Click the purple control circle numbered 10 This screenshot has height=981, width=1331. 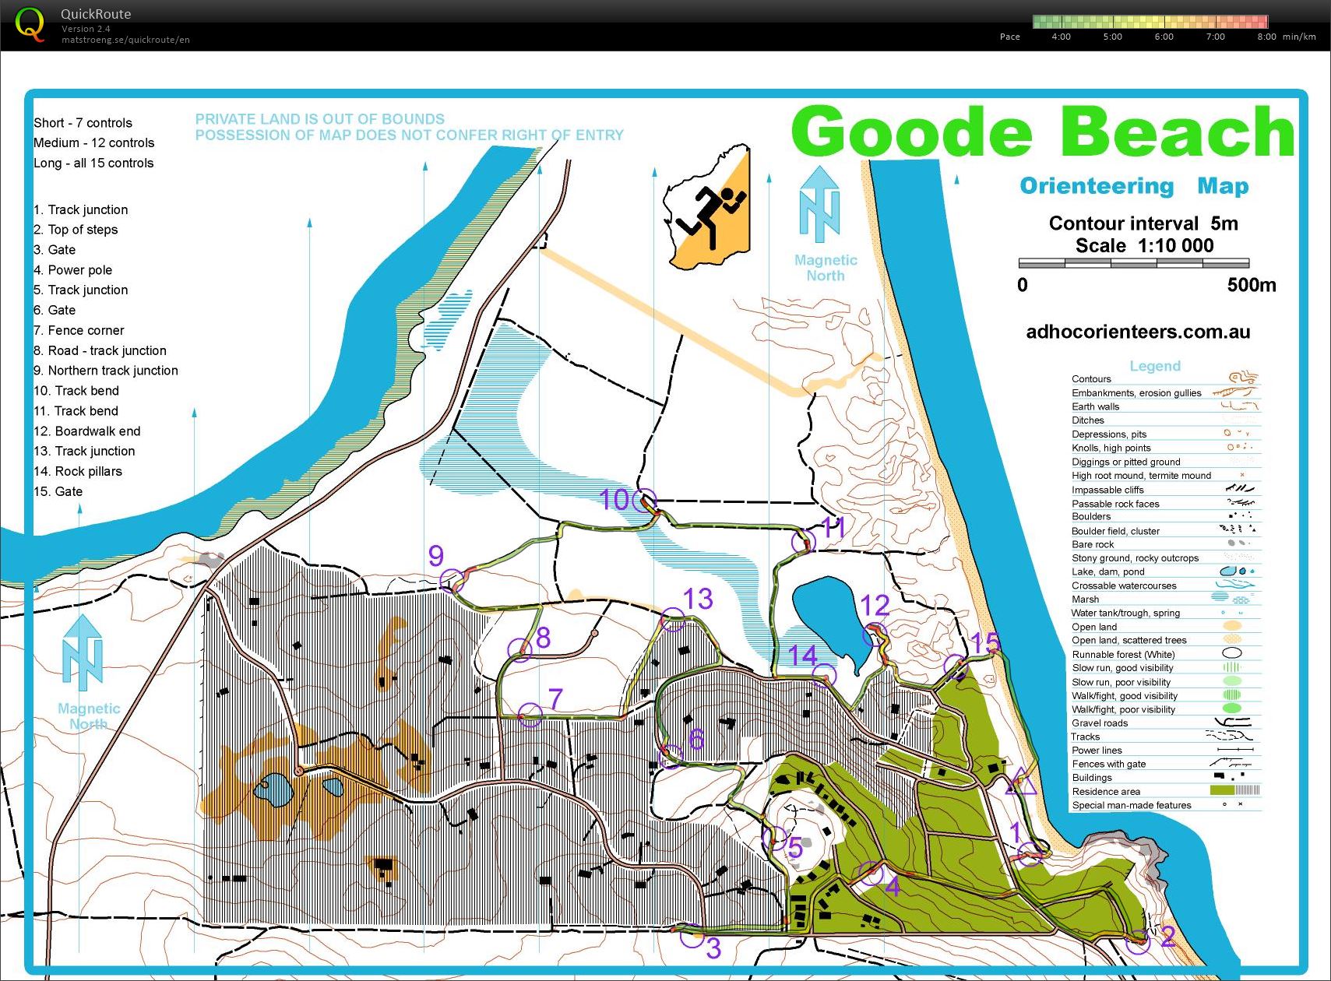[644, 501]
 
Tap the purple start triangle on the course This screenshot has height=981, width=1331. [1021, 782]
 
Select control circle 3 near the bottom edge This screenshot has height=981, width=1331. [692, 937]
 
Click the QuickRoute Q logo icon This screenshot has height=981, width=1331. [30, 25]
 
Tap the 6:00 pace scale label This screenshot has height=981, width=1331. [1164, 37]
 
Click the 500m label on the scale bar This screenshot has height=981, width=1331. [1251, 285]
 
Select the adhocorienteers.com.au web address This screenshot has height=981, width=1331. [1138, 332]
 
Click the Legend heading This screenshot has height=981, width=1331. [1155, 366]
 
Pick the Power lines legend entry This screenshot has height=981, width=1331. [1097, 751]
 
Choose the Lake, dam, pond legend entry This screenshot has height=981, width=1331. [1107, 571]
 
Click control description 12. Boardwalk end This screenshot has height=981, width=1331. [87, 431]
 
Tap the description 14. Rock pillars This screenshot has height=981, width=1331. [78, 472]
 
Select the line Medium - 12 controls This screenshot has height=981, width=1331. [93, 143]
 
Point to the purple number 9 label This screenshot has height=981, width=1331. [436, 556]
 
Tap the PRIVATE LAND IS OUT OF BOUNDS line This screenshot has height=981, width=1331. [319, 119]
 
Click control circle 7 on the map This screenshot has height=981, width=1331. [530, 714]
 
